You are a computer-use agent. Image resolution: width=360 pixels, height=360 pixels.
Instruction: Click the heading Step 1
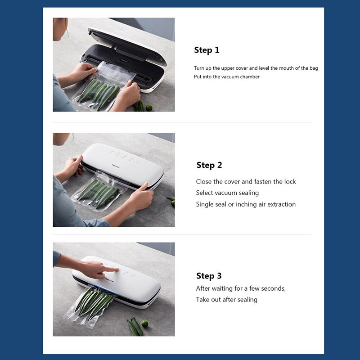tap(207, 50)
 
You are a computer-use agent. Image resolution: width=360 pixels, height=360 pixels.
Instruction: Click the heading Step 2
tap(209, 165)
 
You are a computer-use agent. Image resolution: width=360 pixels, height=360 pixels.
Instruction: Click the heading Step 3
tap(209, 276)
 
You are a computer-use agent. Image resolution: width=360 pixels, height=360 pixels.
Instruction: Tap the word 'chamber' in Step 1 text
tap(250, 76)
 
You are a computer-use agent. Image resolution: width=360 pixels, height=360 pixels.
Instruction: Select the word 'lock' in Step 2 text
tap(290, 182)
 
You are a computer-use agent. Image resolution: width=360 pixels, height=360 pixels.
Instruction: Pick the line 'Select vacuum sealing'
tap(227, 193)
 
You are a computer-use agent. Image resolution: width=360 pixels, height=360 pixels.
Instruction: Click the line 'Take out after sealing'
tap(227, 300)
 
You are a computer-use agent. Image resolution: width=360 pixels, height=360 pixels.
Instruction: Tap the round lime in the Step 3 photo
tap(145, 324)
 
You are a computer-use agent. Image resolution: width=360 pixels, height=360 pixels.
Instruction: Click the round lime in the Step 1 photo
tap(149, 108)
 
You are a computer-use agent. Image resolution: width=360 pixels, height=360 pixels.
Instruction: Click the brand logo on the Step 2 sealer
tap(115, 166)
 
